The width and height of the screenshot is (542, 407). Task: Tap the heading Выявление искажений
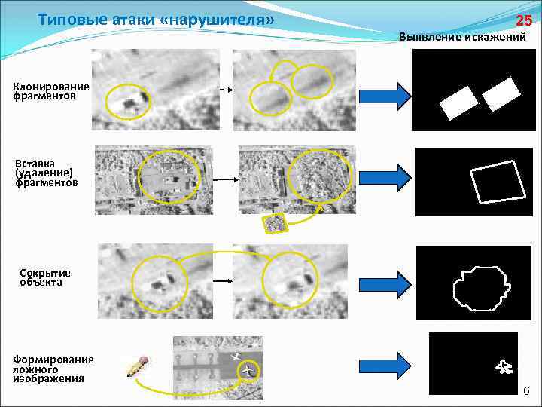(x=462, y=36)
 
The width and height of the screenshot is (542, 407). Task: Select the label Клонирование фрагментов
(x=50, y=92)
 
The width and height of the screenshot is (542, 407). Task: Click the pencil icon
(x=138, y=366)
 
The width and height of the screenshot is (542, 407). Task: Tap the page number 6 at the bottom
(x=526, y=390)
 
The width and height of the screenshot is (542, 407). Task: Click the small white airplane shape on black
(x=504, y=367)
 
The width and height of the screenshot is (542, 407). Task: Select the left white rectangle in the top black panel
(x=458, y=103)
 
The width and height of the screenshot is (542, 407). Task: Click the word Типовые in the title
(x=68, y=19)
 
